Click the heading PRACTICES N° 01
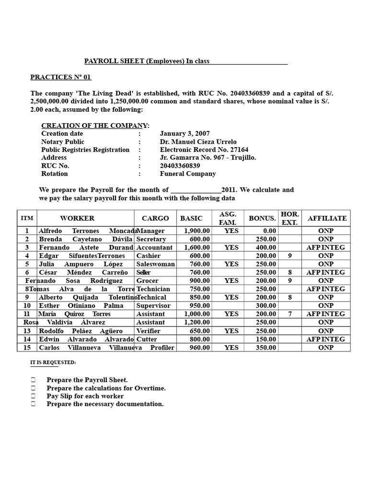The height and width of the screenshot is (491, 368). [60, 77]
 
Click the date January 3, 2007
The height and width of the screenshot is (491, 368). [184, 134]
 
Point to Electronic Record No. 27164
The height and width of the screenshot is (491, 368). [204, 150]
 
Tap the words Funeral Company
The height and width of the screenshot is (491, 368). [188, 174]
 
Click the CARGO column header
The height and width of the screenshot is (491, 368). [155, 218]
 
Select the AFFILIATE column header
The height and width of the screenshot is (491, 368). [327, 218]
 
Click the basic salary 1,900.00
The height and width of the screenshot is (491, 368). [197, 231]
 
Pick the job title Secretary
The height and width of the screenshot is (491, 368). [151, 239]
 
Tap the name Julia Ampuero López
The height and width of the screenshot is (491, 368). [81, 264]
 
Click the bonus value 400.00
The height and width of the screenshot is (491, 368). [266, 247]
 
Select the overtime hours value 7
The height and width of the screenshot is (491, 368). [290, 314]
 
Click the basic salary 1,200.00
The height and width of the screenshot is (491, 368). [197, 322]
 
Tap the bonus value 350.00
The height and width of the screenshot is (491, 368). [266, 348]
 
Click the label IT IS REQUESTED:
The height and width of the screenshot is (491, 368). [53, 363]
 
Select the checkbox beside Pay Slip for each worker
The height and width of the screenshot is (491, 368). [33, 396]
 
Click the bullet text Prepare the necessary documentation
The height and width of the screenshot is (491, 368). [105, 404]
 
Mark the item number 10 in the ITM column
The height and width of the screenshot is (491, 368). [27, 305]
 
